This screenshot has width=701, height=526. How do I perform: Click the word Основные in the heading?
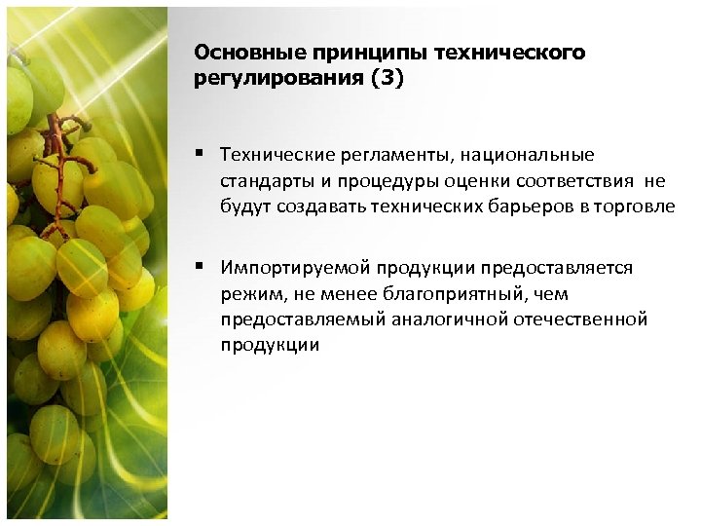click(x=237, y=53)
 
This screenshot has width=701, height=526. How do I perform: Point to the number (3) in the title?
click(x=384, y=79)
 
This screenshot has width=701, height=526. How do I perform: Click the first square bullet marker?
click(x=198, y=153)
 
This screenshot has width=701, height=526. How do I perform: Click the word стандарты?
click(x=261, y=180)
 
